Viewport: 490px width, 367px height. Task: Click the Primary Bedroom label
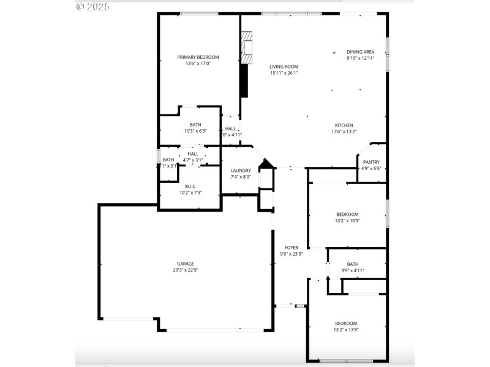[x=198, y=57]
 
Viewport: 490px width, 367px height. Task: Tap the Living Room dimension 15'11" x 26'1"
[x=284, y=73]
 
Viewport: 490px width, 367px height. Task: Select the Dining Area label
[x=360, y=52]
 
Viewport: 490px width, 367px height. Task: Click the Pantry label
[x=371, y=162]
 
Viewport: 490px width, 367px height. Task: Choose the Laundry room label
[x=240, y=171]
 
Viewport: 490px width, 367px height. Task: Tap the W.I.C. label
[x=190, y=186]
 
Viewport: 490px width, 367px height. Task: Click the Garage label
[x=185, y=263]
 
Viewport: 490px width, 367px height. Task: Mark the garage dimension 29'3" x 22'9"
[x=185, y=270]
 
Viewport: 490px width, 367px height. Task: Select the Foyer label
[x=291, y=247]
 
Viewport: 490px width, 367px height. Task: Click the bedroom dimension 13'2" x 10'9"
[x=347, y=221]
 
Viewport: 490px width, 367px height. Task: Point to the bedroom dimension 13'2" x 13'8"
[x=345, y=330]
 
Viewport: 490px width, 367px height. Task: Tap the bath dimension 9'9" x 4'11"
[x=353, y=270]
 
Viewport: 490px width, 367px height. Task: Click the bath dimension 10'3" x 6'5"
[x=195, y=131]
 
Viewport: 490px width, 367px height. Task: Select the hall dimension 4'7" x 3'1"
[x=193, y=160]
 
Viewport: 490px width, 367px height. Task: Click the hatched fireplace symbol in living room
[x=246, y=48]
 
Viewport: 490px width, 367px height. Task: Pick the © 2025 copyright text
[x=92, y=7]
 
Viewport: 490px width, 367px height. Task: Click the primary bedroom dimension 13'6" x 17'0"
[x=198, y=63]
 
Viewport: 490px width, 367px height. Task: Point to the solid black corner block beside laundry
[x=266, y=164]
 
